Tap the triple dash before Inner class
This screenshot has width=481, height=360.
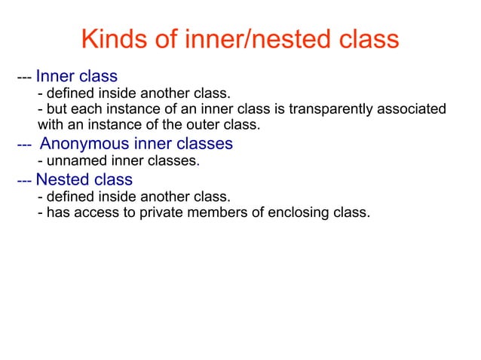pyautogui.click(x=24, y=77)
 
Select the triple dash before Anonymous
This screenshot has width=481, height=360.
pyautogui.click(x=24, y=144)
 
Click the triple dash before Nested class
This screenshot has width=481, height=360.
pyautogui.click(x=24, y=180)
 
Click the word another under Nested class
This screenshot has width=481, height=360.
pyautogui.click(x=167, y=197)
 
